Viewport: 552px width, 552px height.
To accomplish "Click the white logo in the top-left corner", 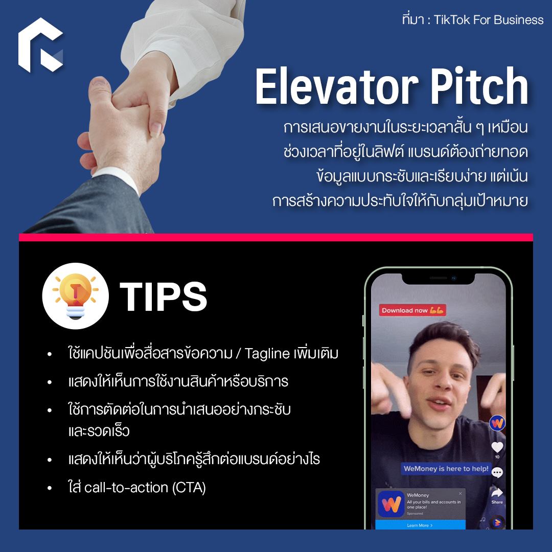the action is (40, 44).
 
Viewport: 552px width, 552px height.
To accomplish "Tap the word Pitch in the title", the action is (479, 86).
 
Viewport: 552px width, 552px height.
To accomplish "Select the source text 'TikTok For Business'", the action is (489, 20).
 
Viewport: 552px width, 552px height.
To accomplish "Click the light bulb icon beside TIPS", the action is (75, 296).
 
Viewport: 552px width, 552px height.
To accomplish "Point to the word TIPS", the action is (164, 296).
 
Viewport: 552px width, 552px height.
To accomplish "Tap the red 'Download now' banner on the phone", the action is (412, 310).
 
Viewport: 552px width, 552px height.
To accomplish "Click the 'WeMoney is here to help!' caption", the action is (446, 469).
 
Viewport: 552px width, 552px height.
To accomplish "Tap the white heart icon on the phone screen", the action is (497, 447).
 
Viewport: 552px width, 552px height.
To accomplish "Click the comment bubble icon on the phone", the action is (497, 472).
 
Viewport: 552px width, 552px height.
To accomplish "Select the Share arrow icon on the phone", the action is (497, 492).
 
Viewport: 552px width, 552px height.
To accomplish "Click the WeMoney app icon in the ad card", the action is (391, 504).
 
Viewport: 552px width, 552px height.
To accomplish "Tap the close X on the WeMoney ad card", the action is (460, 494).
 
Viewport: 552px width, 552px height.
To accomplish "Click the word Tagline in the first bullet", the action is (267, 354).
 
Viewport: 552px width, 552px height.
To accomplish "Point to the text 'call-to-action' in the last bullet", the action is (126, 488).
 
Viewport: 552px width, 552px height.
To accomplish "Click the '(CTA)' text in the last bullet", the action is (189, 488).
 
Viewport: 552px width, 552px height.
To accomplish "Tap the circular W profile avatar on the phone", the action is (497, 423).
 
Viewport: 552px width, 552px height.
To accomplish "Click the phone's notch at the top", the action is (439, 279).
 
